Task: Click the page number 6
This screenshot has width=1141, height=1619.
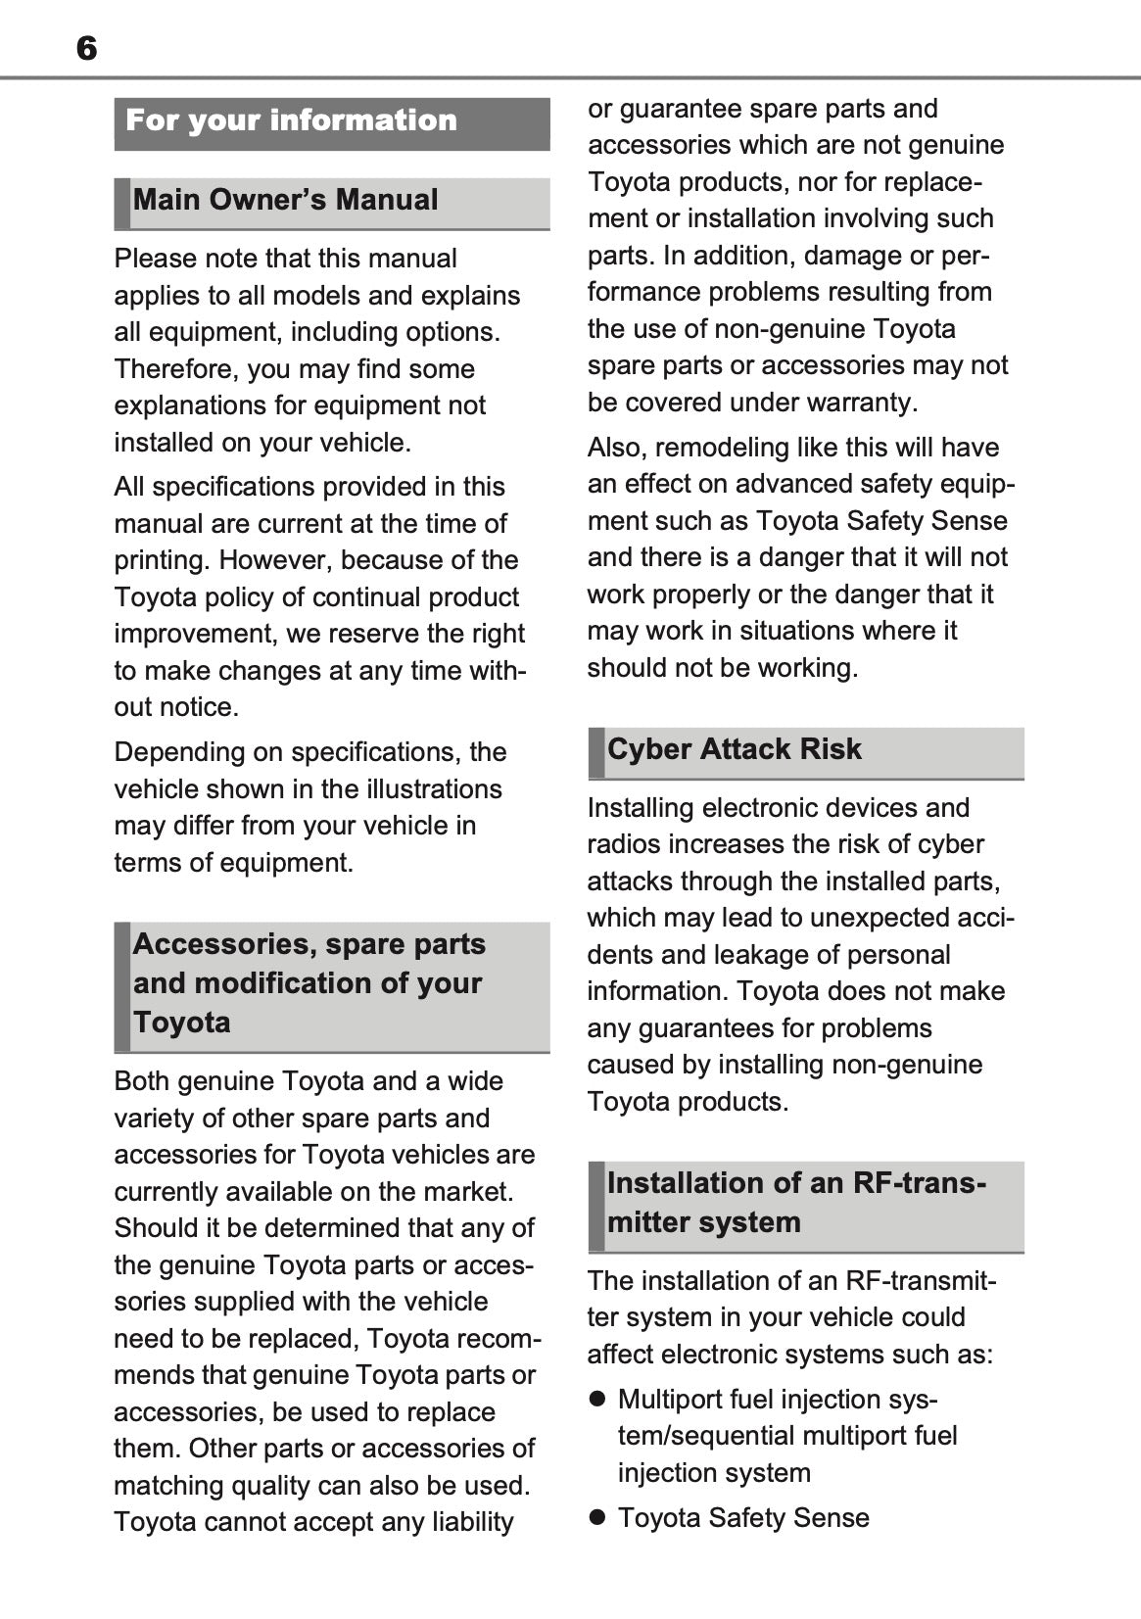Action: (x=86, y=48)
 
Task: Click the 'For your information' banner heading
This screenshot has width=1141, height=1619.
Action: (x=292, y=120)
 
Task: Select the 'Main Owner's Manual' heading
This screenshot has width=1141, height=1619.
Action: (x=285, y=200)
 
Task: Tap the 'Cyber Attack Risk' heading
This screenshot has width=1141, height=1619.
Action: (x=734, y=749)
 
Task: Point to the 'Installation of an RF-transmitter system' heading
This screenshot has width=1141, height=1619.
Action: (x=795, y=1203)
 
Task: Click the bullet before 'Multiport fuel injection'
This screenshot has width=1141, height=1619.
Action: (x=596, y=1400)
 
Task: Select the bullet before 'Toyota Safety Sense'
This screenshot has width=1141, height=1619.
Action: (x=596, y=1518)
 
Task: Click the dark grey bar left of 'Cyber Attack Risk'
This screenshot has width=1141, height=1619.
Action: (x=595, y=752)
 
